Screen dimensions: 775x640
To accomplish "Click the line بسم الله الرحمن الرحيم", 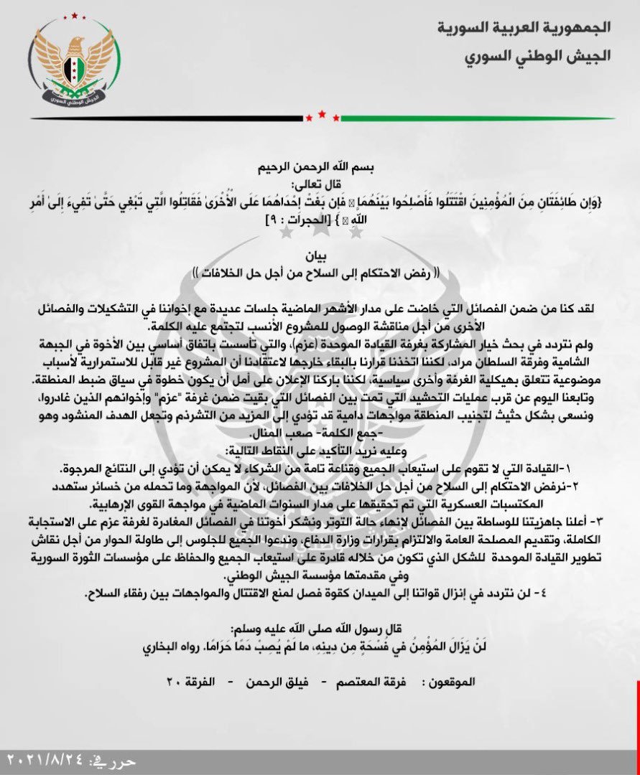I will point(321,169).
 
